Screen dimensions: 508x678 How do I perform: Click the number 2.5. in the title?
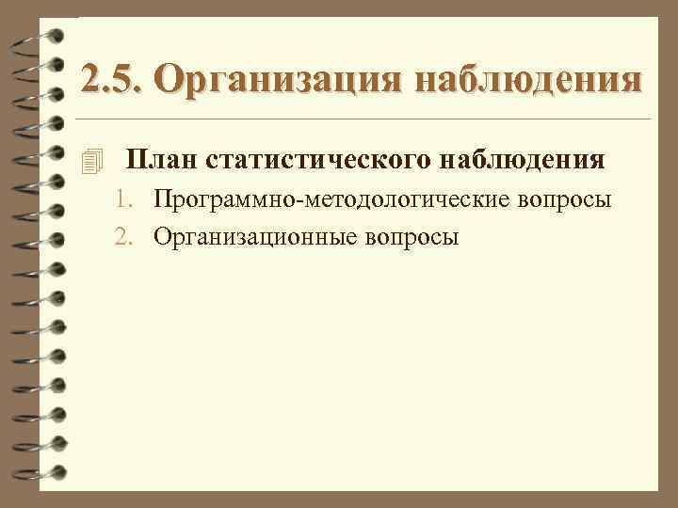[x=109, y=80]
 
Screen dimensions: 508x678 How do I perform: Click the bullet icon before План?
[x=89, y=162]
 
